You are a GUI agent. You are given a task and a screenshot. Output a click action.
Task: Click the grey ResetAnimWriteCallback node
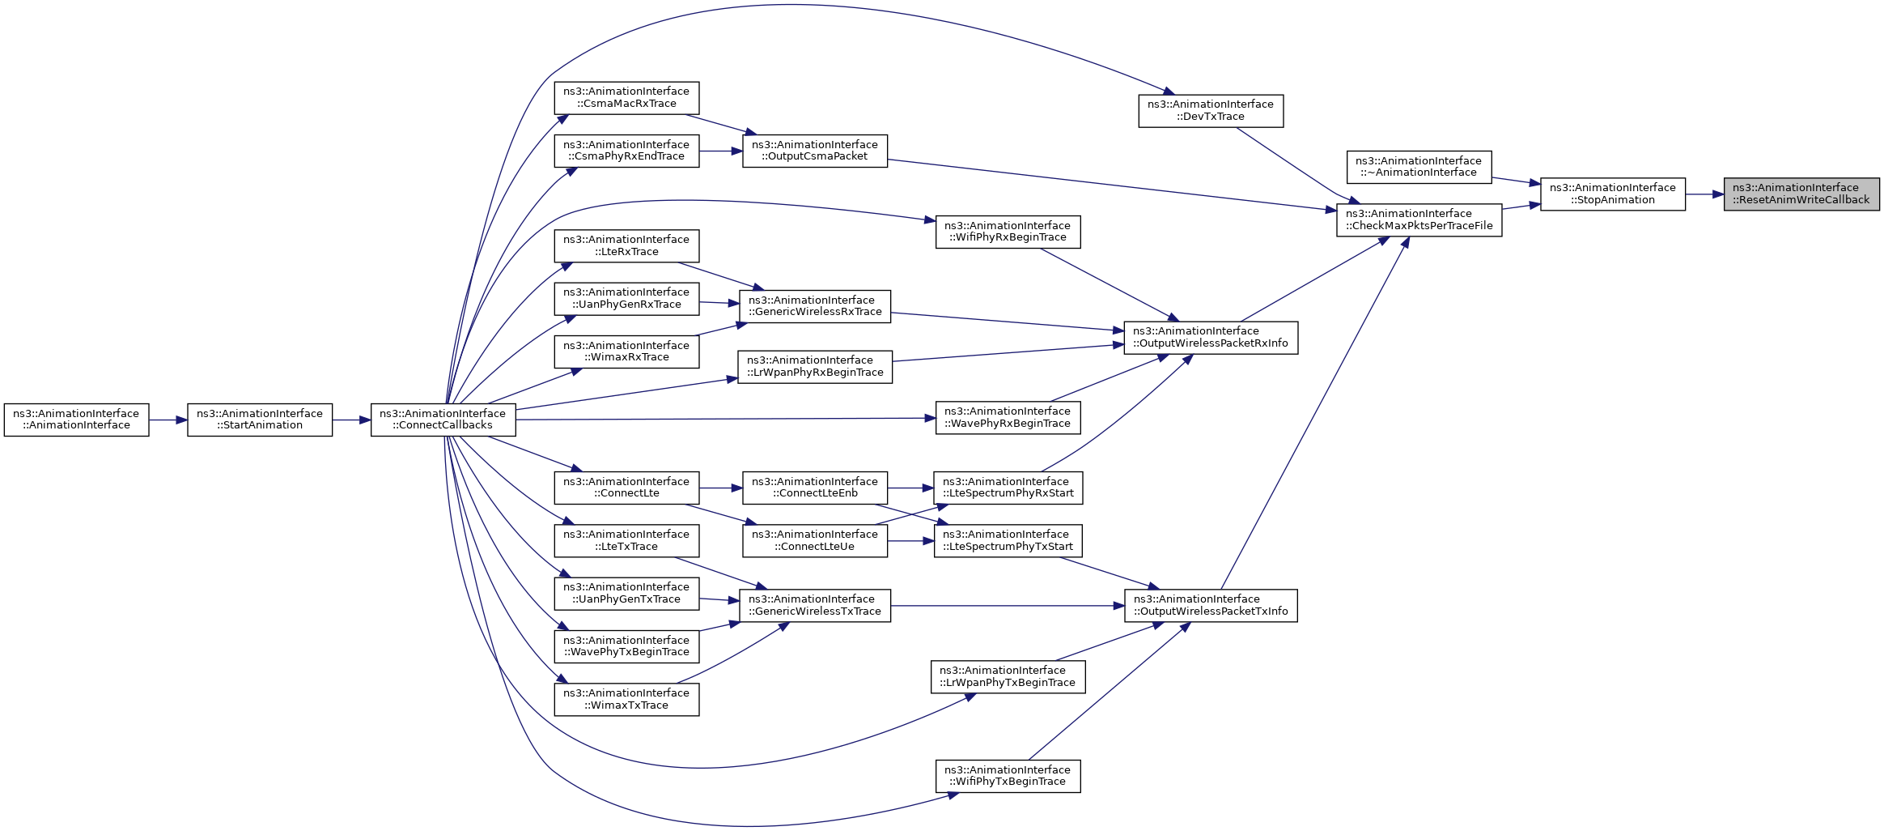(1801, 194)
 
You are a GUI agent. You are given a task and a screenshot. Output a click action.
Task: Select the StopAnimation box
(1612, 194)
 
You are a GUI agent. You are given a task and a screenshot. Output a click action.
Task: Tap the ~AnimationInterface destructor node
(1419, 167)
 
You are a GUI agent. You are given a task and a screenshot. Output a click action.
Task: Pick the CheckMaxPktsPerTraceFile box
(1419, 220)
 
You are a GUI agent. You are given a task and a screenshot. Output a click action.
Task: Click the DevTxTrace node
(1211, 111)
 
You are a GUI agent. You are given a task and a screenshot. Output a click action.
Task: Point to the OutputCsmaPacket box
(814, 151)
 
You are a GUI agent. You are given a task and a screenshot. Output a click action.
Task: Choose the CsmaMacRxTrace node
(626, 98)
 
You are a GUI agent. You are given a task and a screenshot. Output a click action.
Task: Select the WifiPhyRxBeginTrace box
(1008, 232)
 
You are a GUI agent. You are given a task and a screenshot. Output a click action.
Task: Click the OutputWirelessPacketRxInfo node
(1211, 338)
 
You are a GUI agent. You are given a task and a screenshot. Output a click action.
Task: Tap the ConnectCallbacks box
(443, 420)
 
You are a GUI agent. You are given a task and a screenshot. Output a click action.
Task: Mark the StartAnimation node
(260, 420)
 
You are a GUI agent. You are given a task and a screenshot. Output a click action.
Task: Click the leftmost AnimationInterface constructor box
(76, 420)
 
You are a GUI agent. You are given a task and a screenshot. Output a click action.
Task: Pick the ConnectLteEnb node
(814, 488)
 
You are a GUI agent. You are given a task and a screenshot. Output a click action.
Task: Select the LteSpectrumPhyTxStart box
(1008, 541)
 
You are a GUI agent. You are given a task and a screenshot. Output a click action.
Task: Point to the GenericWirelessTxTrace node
(814, 606)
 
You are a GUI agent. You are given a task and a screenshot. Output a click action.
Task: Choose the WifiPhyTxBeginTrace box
(1008, 776)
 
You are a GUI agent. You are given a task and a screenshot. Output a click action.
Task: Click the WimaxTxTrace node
(626, 699)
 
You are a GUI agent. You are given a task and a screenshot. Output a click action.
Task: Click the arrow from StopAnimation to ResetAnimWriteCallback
(1704, 194)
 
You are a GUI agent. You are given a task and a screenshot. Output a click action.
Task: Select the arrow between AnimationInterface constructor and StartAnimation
(168, 420)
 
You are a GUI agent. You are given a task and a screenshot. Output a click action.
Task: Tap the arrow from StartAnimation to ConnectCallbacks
(351, 420)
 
